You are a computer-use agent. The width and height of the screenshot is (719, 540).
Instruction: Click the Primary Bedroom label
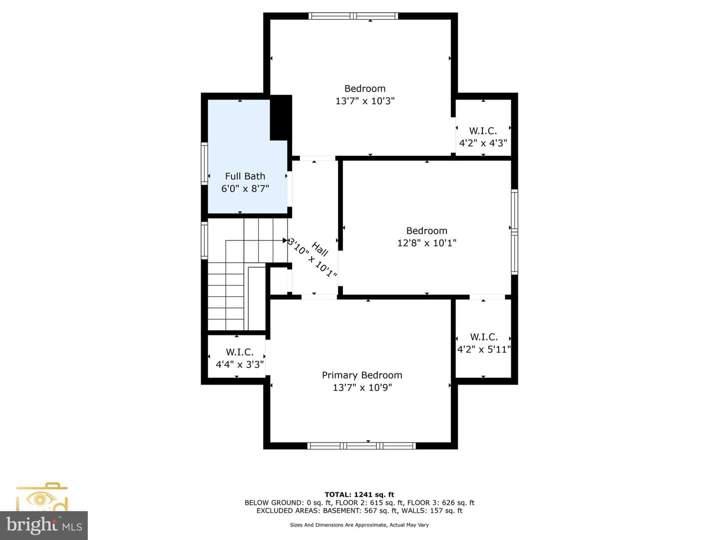[361, 375]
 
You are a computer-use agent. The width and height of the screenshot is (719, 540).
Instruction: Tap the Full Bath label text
[245, 176]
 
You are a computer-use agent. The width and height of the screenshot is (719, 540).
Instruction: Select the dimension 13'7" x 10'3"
[365, 101]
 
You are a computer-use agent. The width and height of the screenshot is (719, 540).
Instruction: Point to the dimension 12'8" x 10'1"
[426, 243]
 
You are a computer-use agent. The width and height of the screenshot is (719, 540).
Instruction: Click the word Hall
[320, 249]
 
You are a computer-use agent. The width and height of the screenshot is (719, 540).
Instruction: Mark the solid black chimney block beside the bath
[281, 117]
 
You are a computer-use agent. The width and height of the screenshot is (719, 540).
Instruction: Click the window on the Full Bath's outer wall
[204, 163]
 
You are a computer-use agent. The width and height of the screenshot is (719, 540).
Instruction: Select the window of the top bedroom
[354, 16]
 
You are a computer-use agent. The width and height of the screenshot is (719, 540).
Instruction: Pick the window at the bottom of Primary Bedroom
[361, 445]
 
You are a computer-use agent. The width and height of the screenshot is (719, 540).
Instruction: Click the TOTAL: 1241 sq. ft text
[359, 494]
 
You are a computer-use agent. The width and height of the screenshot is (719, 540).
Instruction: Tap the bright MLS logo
[44, 525]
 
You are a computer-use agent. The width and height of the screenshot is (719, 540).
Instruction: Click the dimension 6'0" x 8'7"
[245, 189]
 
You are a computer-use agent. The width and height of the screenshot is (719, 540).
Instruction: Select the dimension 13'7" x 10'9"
[362, 388]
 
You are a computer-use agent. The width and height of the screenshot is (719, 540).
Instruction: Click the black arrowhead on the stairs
[285, 240]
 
